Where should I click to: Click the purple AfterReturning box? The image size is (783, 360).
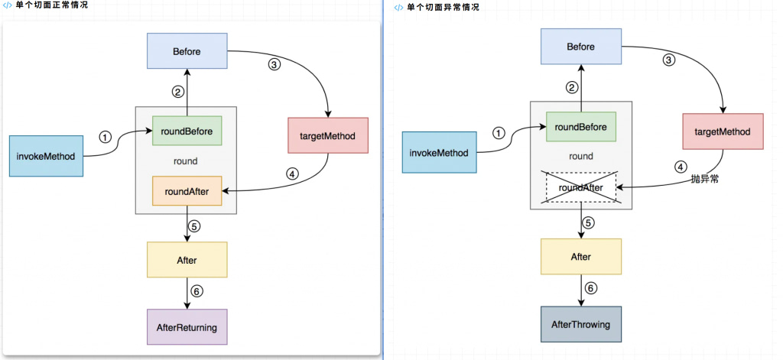(x=187, y=328)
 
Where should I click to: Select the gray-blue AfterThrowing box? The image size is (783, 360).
(x=580, y=325)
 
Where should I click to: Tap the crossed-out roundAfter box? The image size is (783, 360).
(x=581, y=187)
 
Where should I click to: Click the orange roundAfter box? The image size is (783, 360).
(x=187, y=191)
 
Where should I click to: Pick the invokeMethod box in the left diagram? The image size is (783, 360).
(x=46, y=156)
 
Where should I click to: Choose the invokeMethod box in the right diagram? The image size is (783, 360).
(x=439, y=152)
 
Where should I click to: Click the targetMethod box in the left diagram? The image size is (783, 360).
(x=328, y=135)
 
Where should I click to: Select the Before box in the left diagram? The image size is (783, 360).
(x=187, y=52)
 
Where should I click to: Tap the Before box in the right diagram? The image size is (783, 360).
(x=580, y=47)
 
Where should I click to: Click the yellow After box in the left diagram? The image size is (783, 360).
(x=187, y=260)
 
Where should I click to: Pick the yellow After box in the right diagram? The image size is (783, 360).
(x=580, y=257)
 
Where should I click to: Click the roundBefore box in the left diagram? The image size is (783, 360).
(x=187, y=131)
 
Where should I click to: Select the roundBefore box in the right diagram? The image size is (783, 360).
(x=581, y=127)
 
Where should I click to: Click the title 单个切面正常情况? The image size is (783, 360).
(x=51, y=5)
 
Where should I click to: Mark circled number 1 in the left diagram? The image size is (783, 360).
(x=106, y=137)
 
